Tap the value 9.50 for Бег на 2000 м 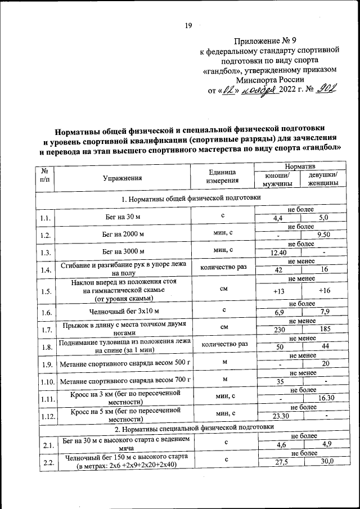[323, 235]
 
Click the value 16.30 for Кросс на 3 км [325, 399]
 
